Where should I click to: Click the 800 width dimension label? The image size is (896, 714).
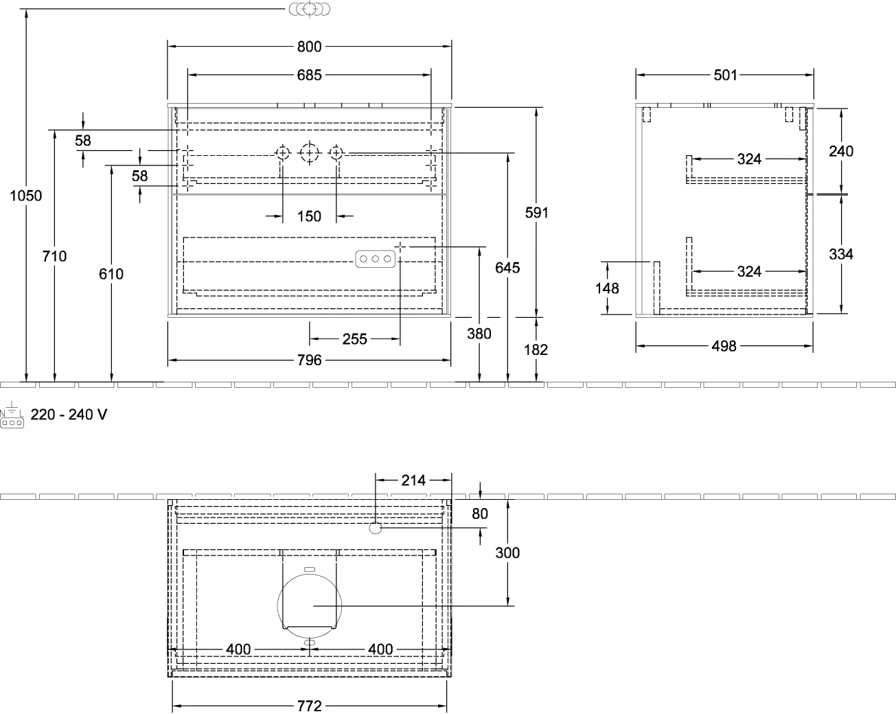(x=310, y=47)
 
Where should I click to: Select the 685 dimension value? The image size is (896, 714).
(x=310, y=75)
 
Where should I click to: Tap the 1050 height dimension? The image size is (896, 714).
(x=26, y=196)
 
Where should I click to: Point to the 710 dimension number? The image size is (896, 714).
(x=54, y=256)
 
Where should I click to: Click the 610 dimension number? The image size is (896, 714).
(x=111, y=274)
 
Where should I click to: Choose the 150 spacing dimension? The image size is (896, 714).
(x=310, y=216)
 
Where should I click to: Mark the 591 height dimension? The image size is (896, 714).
(x=537, y=213)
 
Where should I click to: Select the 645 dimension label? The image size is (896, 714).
(x=507, y=268)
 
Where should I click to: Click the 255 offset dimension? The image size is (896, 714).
(x=355, y=339)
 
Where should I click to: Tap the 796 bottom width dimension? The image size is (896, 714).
(x=310, y=360)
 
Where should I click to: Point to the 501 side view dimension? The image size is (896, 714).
(x=725, y=75)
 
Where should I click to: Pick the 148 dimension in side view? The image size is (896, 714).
(x=607, y=288)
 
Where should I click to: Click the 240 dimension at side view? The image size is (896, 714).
(x=841, y=151)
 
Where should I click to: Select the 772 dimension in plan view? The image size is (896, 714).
(x=310, y=706)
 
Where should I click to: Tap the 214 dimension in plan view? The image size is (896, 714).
(x=413, y=481)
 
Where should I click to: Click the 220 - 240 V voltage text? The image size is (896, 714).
(x=69, y=414)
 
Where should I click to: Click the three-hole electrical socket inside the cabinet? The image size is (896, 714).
(x=375, y=259)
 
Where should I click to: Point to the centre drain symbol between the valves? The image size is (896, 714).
(x=309, y=153)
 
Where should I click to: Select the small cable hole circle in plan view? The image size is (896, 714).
(x=375, y=529)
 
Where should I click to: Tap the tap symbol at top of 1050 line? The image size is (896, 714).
(x=310, y=9)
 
